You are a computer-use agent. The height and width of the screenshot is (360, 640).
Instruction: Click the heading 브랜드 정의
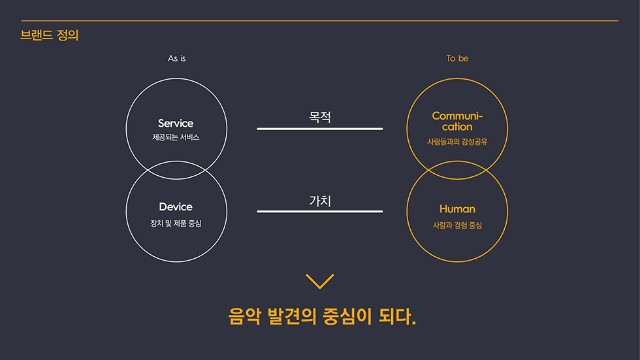click(50, 35)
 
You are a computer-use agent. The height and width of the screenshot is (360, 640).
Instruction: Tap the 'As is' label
click(177, 59)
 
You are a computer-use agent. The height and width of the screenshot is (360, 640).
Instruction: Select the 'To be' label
click(457, 59)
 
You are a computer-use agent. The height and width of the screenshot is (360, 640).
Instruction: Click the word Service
click(176, 123)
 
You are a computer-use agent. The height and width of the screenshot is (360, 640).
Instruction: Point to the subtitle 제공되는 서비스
click(176, 138)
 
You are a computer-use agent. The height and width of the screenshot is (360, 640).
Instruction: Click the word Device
click(176, 207)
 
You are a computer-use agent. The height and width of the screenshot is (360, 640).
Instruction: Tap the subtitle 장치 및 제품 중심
click(176, 223)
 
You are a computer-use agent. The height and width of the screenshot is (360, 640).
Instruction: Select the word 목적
click(320, 117)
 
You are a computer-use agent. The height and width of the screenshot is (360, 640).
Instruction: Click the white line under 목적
click(320, 129)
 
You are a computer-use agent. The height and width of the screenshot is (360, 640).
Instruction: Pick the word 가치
click(320, 201)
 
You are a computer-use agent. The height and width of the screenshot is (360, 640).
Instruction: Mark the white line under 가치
click(320, 212)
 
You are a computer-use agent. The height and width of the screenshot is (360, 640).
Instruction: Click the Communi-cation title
click(457, 122)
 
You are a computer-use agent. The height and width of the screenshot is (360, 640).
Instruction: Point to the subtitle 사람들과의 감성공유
click(457, 142)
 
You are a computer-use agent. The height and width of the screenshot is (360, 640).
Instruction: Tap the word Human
click(457, 209)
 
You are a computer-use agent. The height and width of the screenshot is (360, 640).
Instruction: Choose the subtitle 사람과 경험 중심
click(457, 225)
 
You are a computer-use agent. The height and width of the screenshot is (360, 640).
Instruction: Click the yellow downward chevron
click(320, 282)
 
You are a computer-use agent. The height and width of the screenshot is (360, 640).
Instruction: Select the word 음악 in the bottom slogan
click(244, 317)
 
